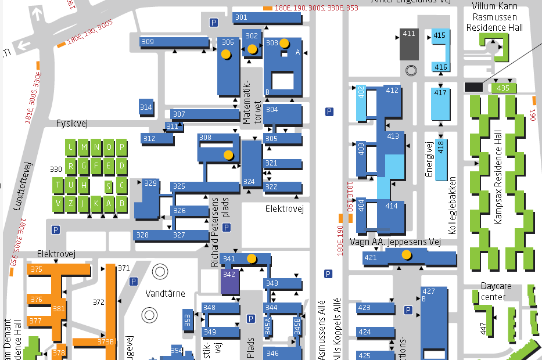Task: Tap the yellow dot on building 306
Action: [226, 54]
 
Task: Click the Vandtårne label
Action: [165, 293]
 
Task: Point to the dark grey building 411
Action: [409, 43]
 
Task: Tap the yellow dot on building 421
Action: [407, 254]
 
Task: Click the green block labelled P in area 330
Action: [121, 147]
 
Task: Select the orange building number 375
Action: [37, 269]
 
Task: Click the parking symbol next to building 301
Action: [214, 23]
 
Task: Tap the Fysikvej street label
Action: [72, 124]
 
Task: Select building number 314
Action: [146, 107]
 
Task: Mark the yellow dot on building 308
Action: [228, 155]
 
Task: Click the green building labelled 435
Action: [503, 88]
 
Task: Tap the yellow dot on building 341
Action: [252, 258]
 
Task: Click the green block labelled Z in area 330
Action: [71, 203]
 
